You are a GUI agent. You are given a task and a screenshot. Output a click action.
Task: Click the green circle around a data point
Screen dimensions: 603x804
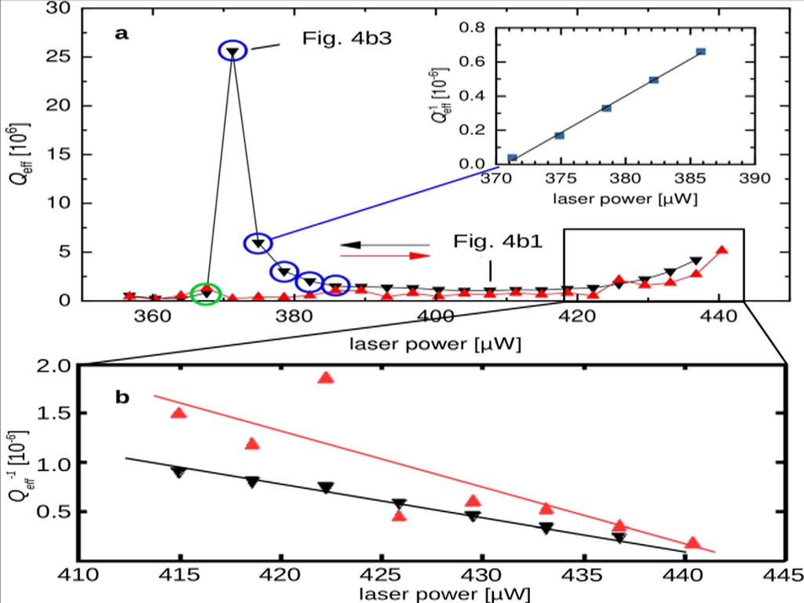pos(206,291)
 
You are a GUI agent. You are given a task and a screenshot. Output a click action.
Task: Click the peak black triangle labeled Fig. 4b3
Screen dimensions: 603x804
pos(232,52)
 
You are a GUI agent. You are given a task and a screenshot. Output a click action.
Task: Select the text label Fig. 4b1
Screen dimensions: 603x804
pos(497,239)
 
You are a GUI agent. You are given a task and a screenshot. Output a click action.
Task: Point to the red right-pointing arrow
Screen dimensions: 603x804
pos(386,256)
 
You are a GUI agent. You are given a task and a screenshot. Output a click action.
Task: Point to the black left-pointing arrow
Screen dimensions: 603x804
pos(385,244)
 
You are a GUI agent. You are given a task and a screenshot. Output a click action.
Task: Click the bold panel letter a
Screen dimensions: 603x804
pos(121,33)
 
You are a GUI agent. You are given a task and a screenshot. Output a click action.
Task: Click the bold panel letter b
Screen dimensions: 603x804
pos(122,397)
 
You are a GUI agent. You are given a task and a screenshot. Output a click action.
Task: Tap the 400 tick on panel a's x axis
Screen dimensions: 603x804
pos(434,318)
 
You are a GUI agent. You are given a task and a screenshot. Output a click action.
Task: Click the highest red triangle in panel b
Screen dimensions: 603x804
pos(327,378)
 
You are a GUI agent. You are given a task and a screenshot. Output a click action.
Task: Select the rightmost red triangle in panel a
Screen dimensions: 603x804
pos(722,250)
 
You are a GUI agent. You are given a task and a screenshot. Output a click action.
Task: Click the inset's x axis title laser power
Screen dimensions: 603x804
pos(625,199)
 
